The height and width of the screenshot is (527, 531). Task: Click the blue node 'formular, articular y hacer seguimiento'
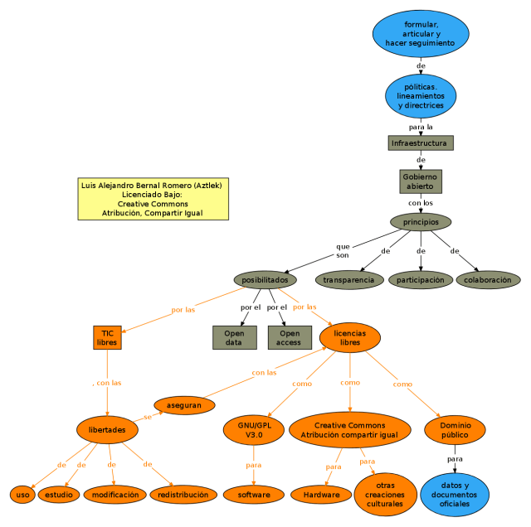[x=421, y=32]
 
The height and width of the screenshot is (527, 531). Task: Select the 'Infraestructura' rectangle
[x=421, y=143]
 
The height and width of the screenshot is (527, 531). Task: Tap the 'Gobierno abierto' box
[x=421, y=181]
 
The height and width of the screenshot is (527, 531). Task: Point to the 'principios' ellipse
[x=421, y=222]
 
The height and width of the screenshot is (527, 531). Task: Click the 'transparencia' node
[x=348, y=280]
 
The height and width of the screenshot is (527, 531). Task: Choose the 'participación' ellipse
[x=421, y=280]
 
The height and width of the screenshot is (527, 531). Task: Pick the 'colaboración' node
[x=488, y=280]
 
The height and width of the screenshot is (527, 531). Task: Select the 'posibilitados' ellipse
[x=265, y=280]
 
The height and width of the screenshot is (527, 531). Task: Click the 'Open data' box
[x=234, y=337]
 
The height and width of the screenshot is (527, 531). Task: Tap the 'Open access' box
[x=289, y=337]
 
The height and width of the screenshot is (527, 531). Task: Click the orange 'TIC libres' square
[x=107, y=337]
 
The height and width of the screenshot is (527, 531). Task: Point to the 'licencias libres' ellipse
[x=350, y=337]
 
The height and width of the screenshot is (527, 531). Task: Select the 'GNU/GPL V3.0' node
[x=254, y=429]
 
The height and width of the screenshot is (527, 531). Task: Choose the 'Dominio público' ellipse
[x=455, y=429]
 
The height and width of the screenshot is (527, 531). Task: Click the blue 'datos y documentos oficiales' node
[x=455, y=495]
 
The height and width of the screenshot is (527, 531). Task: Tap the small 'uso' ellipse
[x=22, y=495]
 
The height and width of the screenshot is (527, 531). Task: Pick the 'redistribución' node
[x=183, y=495]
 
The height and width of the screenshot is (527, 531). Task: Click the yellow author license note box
[x=153, y=199]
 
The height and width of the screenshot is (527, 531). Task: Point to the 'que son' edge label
[x=343, y=251]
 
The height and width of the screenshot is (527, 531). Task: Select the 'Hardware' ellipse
[x=321, y=495]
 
